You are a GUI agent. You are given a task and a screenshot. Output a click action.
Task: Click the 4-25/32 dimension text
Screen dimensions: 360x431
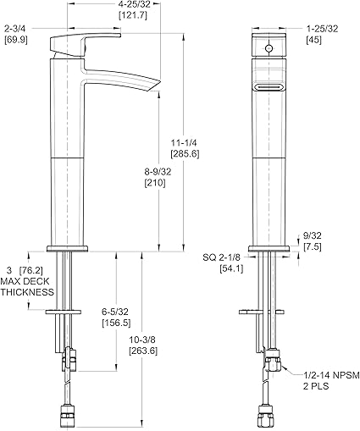pos(133,4)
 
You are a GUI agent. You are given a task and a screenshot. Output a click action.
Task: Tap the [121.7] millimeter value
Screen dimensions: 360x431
pos(133,15)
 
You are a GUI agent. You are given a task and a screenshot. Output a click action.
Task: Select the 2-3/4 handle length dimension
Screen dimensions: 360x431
pos(15,29)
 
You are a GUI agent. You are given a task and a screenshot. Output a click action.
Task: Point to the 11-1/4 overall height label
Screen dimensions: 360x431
pos(185,142)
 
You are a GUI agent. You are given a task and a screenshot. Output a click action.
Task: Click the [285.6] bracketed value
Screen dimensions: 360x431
pos(185,154)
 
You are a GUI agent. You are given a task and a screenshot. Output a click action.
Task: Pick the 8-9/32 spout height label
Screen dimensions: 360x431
pos(158,172)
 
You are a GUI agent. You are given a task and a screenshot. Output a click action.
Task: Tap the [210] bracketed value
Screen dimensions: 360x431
pos(155,183)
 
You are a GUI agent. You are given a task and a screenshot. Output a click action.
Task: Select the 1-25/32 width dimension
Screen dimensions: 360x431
pos(322,29)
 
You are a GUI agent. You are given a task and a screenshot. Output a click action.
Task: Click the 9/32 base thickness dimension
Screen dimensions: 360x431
pos(312,235)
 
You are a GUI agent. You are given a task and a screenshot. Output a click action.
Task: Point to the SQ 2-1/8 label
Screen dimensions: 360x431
pos(221,257)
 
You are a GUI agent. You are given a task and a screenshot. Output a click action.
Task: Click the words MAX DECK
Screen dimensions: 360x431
pos(25,281)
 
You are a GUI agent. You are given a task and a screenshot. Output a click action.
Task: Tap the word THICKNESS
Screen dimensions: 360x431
pos(27,292)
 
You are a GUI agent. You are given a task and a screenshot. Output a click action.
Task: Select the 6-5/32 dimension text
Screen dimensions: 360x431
pos(115,312)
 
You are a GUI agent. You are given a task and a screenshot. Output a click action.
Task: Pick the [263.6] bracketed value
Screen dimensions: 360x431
pos(143,351)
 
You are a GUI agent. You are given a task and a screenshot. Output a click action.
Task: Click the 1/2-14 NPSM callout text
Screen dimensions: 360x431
pos(331,375)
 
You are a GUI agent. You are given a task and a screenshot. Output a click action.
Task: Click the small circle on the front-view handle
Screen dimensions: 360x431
pos(269,48)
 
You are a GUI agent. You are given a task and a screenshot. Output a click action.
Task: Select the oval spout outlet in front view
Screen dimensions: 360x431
pos(269,87)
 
